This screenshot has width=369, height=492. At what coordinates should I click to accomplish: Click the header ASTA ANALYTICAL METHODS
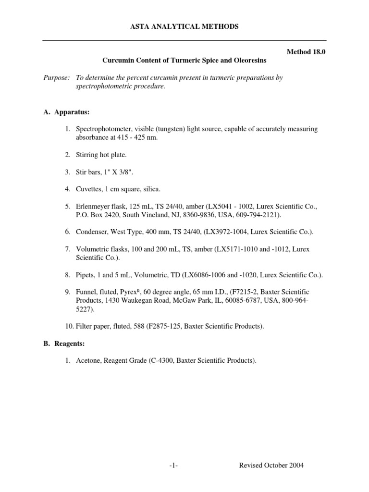click(x=184, y=27)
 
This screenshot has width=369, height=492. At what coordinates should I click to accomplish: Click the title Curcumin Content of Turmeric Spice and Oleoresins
click(x=184, y=61)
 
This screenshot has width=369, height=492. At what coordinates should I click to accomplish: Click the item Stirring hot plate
click(x=101, y=155)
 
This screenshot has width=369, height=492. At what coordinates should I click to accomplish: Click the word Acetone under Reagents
click(x=88, y=361)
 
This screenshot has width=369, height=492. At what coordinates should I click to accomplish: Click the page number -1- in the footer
click(x=173, y=465)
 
